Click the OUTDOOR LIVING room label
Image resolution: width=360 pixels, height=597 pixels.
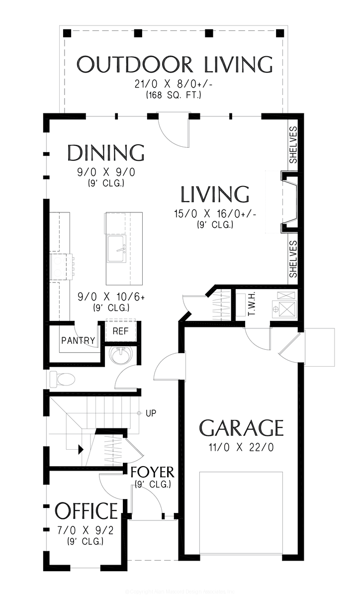pyautogui.click(x=175, y=65)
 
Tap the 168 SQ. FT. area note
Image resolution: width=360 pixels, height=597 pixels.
pyautogui.click(x=174, y=95)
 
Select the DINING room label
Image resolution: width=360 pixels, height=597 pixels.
pyautogui.click(x=105, y=153)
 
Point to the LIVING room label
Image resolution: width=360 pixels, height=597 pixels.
pyautogui.click(x=214, y=195)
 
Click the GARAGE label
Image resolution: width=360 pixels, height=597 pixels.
pyautogui.click(x=242, y=428)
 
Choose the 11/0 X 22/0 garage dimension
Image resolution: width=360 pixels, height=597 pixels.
pyautogui.click(x=242, y=447)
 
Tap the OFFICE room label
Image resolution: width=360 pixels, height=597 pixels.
pyautogui.click(x=86, y=511)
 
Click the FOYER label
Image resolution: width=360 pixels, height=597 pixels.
pyautogui.click(x=152, y=472)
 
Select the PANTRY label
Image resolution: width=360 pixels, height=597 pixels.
pyautogui.click(x=78, y=340)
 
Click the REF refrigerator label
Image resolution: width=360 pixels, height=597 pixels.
pyautogui.click(x=120, y=331)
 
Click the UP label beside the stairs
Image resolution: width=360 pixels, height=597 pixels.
pyautogui.click(x=151, y=413)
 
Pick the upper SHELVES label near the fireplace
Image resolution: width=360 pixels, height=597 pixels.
pyautogui.click(x=293, y=145)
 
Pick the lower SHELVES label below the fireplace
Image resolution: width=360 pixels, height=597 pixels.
pyautogui.click(x=293, y=259)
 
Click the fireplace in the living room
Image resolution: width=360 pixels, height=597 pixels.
pyautogui.click(x=289, y=202)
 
